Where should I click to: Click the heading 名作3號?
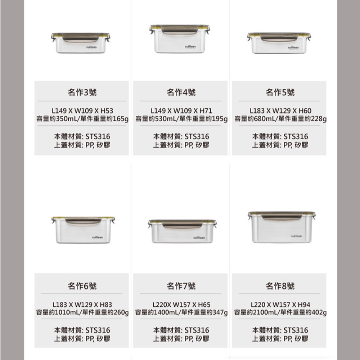(82, 92)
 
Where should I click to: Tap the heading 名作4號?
(181, 92)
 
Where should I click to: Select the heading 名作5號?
(280, 92)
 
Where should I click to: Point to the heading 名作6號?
(82, 286)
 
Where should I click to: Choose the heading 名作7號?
(181, 286)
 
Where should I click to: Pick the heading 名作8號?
(280, 286)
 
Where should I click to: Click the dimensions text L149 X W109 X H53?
(82, 111)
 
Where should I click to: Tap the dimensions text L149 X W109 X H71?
(181, 111)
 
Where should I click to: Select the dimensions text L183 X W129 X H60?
(280, 111)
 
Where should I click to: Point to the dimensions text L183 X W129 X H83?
(82, 305)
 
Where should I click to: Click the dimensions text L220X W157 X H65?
(181, 305)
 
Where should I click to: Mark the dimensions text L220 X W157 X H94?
(280, 305)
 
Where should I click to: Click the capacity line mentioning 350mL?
(82, 119)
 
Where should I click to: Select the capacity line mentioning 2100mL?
(280, 312)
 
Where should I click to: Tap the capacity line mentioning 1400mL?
(181, 312)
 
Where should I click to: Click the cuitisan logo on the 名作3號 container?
(91, 47)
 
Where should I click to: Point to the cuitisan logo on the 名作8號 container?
(297, 236)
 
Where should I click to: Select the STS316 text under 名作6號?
(98, 330)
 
